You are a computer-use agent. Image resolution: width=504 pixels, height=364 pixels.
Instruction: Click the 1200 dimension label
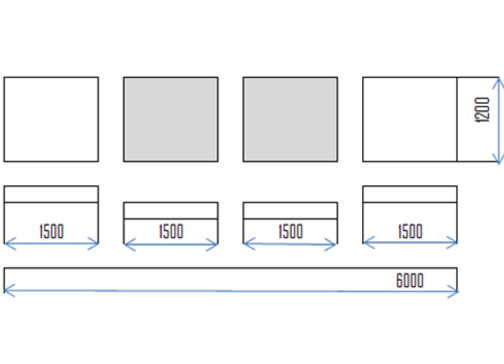(x=482, y=110)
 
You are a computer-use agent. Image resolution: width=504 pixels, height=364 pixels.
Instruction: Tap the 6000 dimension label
(x=410, y=281)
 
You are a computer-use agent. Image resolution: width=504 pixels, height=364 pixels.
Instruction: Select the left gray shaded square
(x=171, y=119)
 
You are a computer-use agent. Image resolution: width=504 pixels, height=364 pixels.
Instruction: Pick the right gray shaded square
(x=290, y=119)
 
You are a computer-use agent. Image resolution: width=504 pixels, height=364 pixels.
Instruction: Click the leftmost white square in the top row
(x=51, y=119)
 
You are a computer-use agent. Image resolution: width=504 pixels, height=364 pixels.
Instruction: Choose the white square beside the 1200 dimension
(x=410, y=119)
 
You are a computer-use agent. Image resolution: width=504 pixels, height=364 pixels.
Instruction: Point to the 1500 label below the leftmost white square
(x=52, y=231)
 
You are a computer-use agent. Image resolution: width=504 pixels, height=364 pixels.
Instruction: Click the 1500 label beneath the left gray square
(x=171, y=231)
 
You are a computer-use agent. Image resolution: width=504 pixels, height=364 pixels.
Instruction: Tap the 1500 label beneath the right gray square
(x=291, y=231)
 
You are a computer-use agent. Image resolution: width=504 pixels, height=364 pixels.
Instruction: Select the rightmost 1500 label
(x=410, y=231)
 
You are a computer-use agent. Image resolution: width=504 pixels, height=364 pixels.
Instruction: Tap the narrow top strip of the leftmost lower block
(x=51, y=194)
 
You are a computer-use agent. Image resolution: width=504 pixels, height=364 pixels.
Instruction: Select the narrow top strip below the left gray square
(x=171, y=211)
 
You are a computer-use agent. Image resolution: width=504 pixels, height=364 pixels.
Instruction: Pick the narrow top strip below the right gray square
(x=290, y=211)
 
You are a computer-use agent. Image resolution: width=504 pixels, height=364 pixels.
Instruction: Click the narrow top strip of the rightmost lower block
(x=410, y=194)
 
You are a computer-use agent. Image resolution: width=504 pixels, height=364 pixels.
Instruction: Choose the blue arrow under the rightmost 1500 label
(x=410, y=242)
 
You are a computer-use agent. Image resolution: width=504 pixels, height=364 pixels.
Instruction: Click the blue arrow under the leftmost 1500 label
(x=51, y=244)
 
